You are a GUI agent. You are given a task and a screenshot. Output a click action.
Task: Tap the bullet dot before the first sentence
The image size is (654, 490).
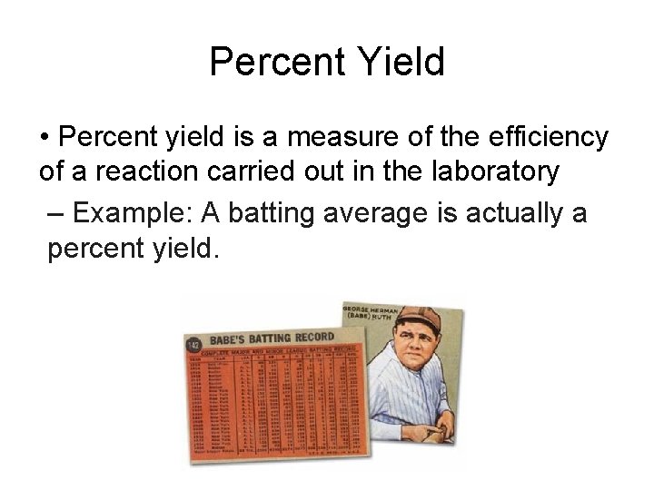point(45,138)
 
